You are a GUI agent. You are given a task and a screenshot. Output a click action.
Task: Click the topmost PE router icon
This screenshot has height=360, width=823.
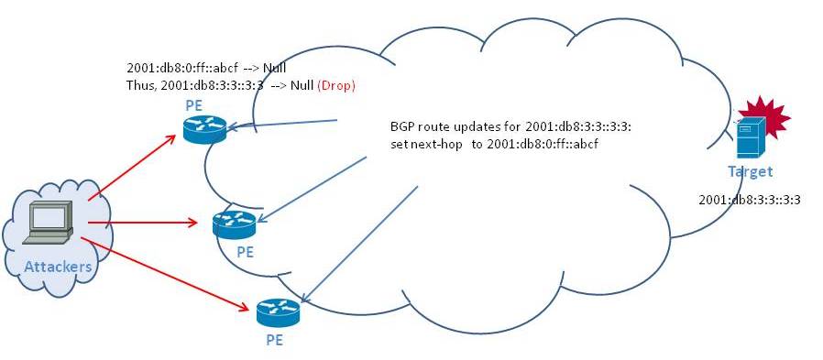pyautogui.click(x=204, y=129)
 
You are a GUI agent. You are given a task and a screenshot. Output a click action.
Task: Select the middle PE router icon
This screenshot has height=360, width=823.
pyautogui.click(x=234, y=224)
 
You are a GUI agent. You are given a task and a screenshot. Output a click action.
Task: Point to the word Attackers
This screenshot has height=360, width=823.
pyautogui.click(x=58, y=267)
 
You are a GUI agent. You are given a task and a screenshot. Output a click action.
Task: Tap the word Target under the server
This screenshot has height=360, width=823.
pyautogui.click(x=750, y=171)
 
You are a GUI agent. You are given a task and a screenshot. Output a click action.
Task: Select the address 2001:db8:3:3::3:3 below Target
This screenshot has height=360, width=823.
pyautogui.click(x=750, y=200)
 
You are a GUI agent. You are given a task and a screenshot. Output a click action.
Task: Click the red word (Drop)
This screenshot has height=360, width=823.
pyautogui.click(x=336, y=85)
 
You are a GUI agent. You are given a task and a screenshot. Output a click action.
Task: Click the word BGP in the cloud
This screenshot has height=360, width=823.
pyautogui.click(x=401, y=127)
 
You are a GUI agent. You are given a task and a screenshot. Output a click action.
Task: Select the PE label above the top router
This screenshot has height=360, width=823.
pyautogui.click(x=193, y=105)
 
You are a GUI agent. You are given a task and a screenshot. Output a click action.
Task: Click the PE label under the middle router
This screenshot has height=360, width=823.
pyautogui.click(x=245, y=253)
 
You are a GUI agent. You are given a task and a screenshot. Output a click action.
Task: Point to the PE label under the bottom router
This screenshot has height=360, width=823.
pyautogui.click(x=275, y=340)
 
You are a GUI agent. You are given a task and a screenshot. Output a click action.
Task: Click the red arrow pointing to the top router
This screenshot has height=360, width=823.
pyautogui.click(x=132, y=168)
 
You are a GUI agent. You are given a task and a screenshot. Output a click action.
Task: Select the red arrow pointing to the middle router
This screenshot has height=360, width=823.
pyautogui.click(x=143, y=223)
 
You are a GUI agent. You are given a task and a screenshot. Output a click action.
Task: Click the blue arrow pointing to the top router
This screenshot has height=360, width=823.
pyautogui.click(x=280, y=124)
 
